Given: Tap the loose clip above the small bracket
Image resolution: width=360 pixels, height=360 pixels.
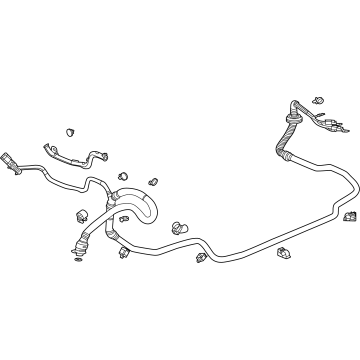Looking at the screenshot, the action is coord(72,130).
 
